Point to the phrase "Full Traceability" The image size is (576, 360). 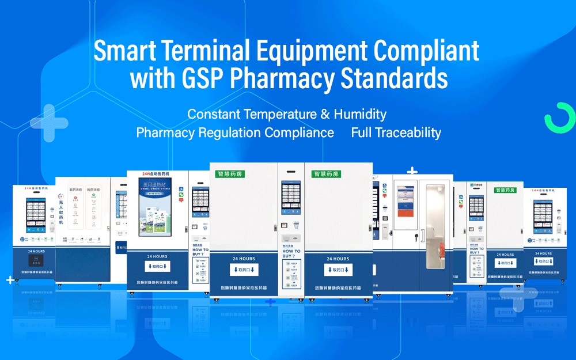coord(396,132)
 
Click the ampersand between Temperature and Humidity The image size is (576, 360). coord(325,114)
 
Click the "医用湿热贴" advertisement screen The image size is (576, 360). coord(154,207)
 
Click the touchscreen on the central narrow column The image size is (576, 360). coord(290,199)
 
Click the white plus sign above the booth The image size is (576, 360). coord(412,170)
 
